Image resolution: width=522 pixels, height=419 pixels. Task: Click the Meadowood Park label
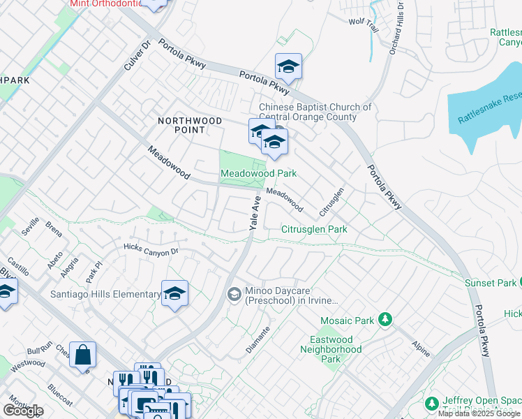(258, 173)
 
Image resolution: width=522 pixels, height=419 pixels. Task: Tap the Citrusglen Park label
(314, 229)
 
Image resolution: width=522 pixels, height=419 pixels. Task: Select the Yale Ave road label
(255, 214)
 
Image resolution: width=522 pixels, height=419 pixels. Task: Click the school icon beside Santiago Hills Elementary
(174, 294)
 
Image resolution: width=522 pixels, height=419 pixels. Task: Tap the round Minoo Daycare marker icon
(234, 294)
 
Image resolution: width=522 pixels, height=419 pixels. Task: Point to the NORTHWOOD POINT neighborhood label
(190, 125)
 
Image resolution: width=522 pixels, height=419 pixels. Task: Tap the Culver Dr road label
(137, 52)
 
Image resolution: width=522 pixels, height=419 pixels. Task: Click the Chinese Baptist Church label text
(315, 112)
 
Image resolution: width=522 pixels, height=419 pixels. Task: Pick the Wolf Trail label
(363, 21)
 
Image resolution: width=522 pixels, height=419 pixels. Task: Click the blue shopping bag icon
(83, 354)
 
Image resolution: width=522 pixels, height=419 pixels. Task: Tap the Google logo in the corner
(23, 411)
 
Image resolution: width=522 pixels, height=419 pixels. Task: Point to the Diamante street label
(257, 339)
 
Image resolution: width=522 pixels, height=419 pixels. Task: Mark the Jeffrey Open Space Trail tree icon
(431, 404)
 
